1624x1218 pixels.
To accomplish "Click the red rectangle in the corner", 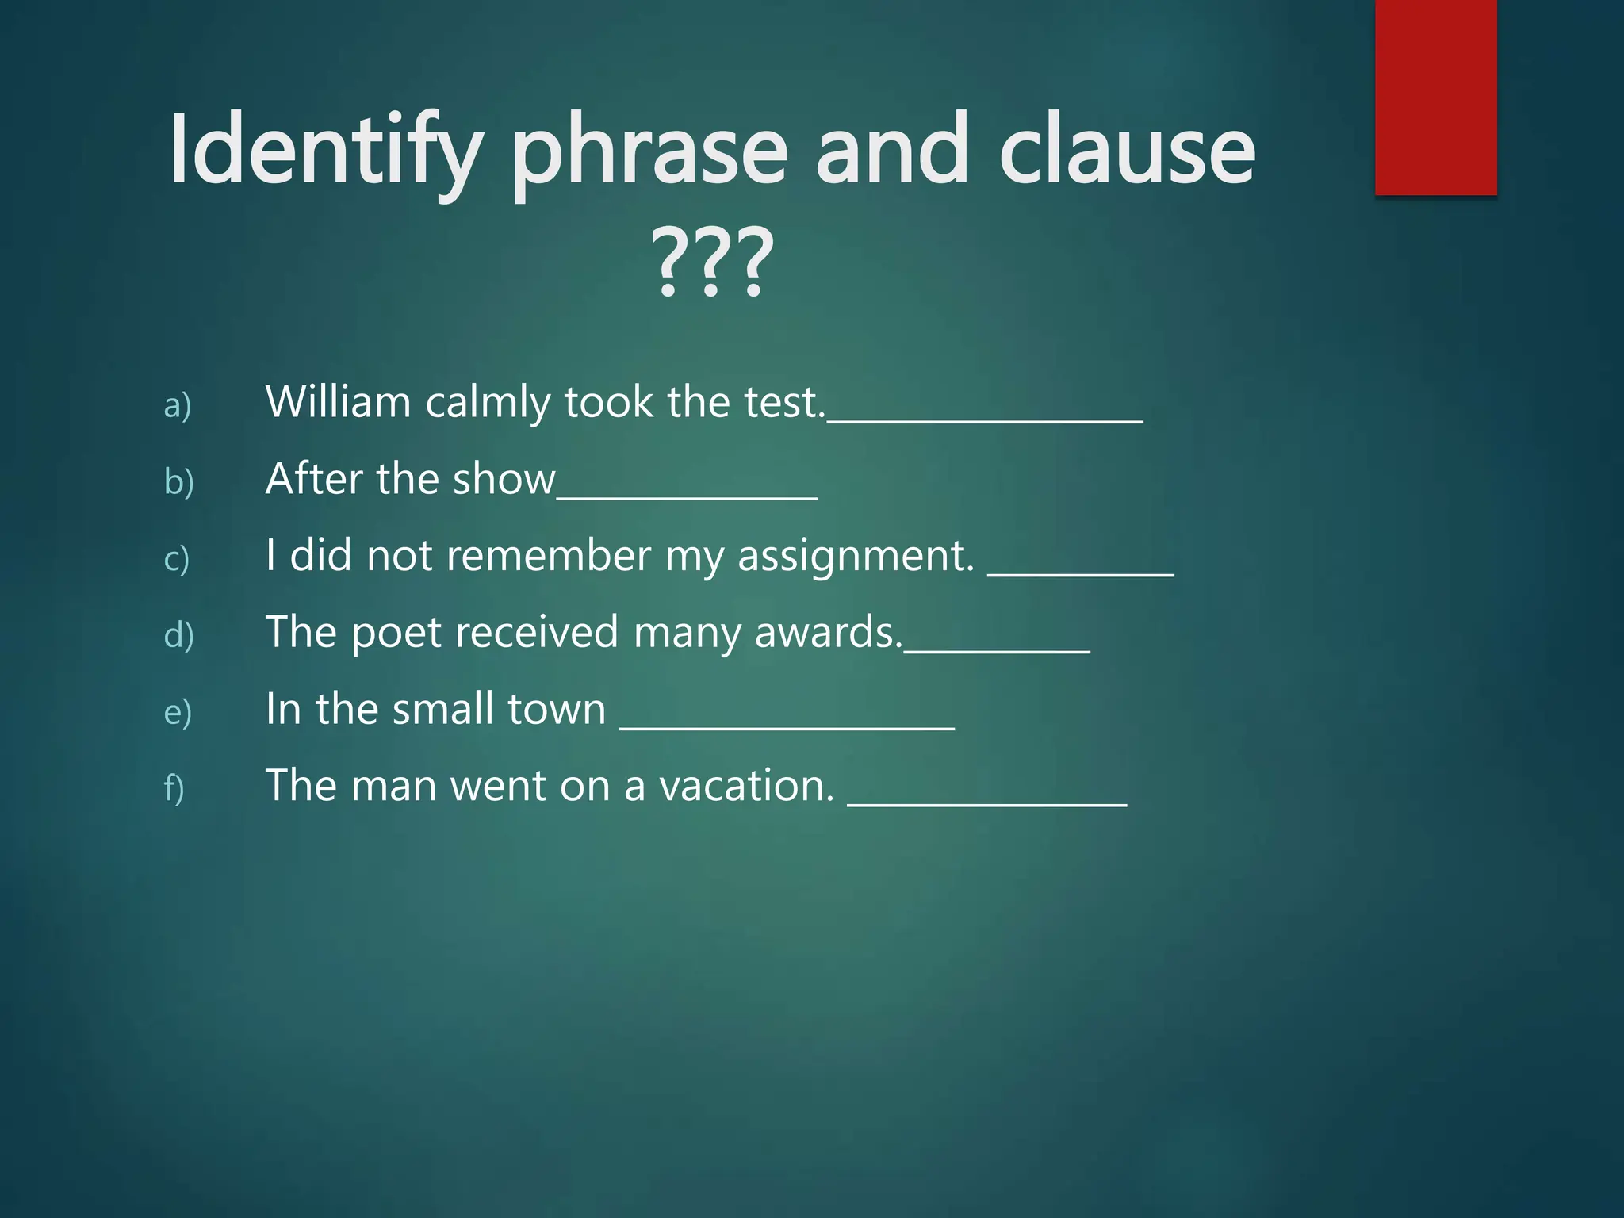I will [1435, 97].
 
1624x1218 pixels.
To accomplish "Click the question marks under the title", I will [712, 262].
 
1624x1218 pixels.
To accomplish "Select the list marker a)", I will [178, 405].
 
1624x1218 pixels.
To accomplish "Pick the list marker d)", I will [179, 635].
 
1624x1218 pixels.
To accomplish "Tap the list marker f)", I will [174, 788].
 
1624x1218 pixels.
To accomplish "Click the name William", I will [339, 401].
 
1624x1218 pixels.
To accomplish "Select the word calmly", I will [488, 403].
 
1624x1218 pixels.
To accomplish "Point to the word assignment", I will [856, 556].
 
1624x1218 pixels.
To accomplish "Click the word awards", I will [828, 632].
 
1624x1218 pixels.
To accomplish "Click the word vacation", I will [747, 786].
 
